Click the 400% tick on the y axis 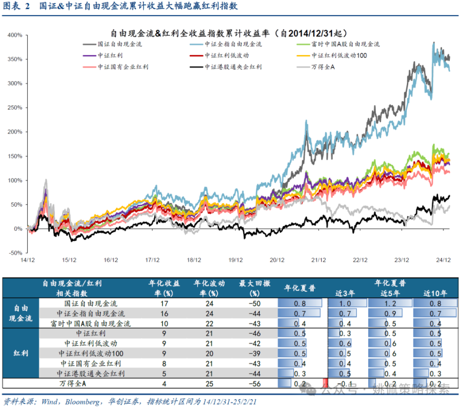pyautogui.click(x=15, y=35)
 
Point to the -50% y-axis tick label pyautogui.click(x=15, y=253)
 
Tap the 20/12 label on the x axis pyautogui.click(x=277, y=260)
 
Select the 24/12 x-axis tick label pyautogui.click(x=443, y=260)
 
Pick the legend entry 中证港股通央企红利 pyautogui.click(x=232, y=67)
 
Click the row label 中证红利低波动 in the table pyautogui.click(x=91, y=343)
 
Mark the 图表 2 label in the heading pyautogui.click(x=16, y=7)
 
